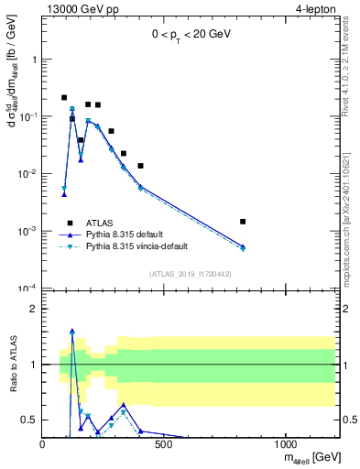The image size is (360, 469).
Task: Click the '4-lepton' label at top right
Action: [316, 9]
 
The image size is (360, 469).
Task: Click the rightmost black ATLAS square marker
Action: [320, 222]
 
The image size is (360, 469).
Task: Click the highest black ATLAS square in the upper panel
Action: [64, 97]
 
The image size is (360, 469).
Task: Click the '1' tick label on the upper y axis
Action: [34, 60]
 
